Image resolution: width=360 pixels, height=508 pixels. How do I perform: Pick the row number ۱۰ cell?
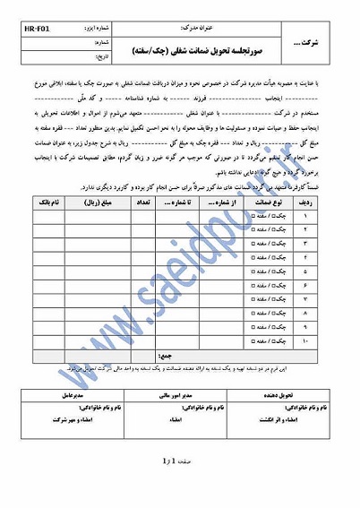[x=330, y=342]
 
